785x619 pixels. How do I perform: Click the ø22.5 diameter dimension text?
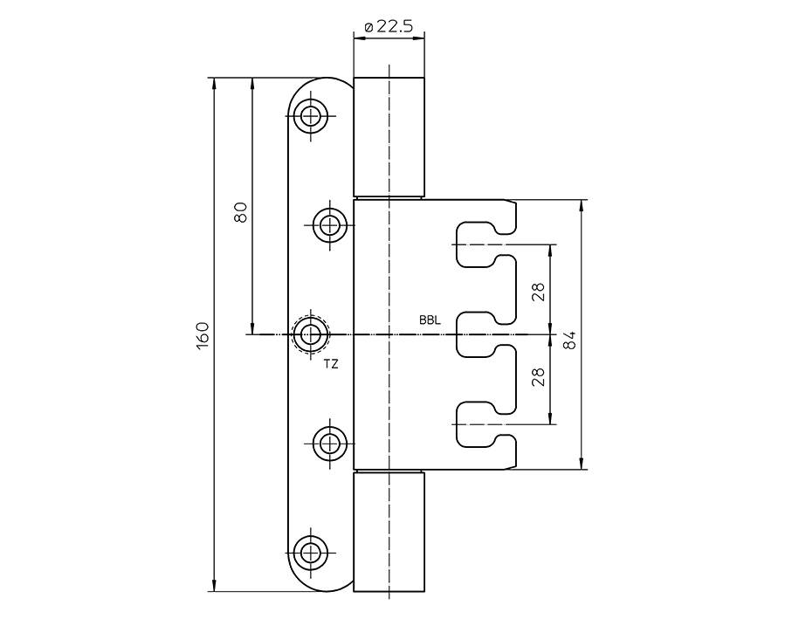389,27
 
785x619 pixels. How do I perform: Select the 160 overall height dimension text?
203,336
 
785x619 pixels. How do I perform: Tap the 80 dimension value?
241,212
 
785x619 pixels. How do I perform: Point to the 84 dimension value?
568,340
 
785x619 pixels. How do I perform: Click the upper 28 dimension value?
538,292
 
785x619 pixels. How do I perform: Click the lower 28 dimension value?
538,376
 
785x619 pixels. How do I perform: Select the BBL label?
430,320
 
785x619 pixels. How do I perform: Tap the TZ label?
331,364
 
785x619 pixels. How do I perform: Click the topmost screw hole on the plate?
309,115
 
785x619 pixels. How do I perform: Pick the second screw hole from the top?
330,225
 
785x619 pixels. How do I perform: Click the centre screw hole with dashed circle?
310,334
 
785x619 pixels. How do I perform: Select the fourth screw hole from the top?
330,444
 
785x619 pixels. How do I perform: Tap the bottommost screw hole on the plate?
309,551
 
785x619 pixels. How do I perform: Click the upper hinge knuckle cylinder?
389,137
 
